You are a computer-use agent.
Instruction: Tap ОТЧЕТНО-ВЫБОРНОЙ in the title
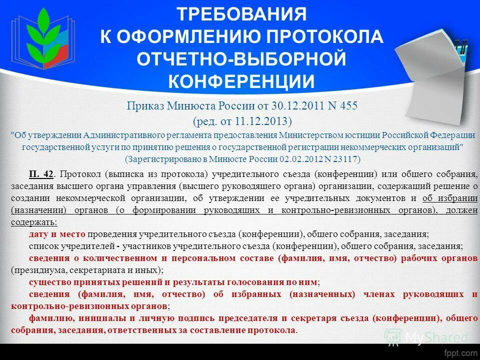241,58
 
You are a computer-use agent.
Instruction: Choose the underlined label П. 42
41,174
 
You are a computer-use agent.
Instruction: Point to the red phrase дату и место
57,234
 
